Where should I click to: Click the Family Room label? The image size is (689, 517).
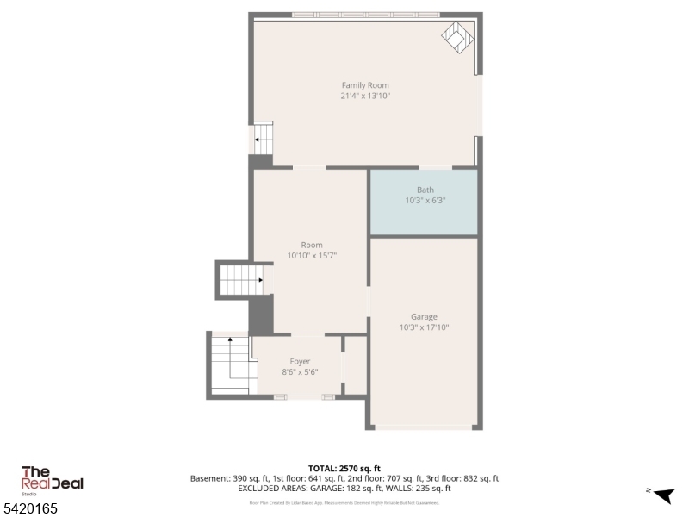coord(365,85)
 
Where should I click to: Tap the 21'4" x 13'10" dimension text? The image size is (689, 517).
coord(365,96)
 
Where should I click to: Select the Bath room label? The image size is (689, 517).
coord(425,190)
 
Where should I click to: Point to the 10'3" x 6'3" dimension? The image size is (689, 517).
coord(425,200)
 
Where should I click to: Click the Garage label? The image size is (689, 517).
coord(424,317)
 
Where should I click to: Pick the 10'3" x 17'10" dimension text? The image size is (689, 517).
coord(424,327)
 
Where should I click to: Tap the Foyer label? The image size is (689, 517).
coord(300,362)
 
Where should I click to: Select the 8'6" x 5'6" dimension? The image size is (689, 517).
coord(300,372)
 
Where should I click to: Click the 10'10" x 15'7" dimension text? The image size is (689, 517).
coord(311,255)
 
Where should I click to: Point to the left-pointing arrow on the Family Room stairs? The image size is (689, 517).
coord(257,140)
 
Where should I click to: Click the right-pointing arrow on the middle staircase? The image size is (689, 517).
coord(258,280)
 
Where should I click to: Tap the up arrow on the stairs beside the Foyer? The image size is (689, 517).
coord(230,340)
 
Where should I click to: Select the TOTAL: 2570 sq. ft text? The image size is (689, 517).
coord(344,468)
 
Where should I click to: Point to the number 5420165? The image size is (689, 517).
coord(30,509)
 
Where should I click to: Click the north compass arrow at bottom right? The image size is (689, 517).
coord(662,495)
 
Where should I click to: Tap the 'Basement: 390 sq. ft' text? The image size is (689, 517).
coord(227,478)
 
